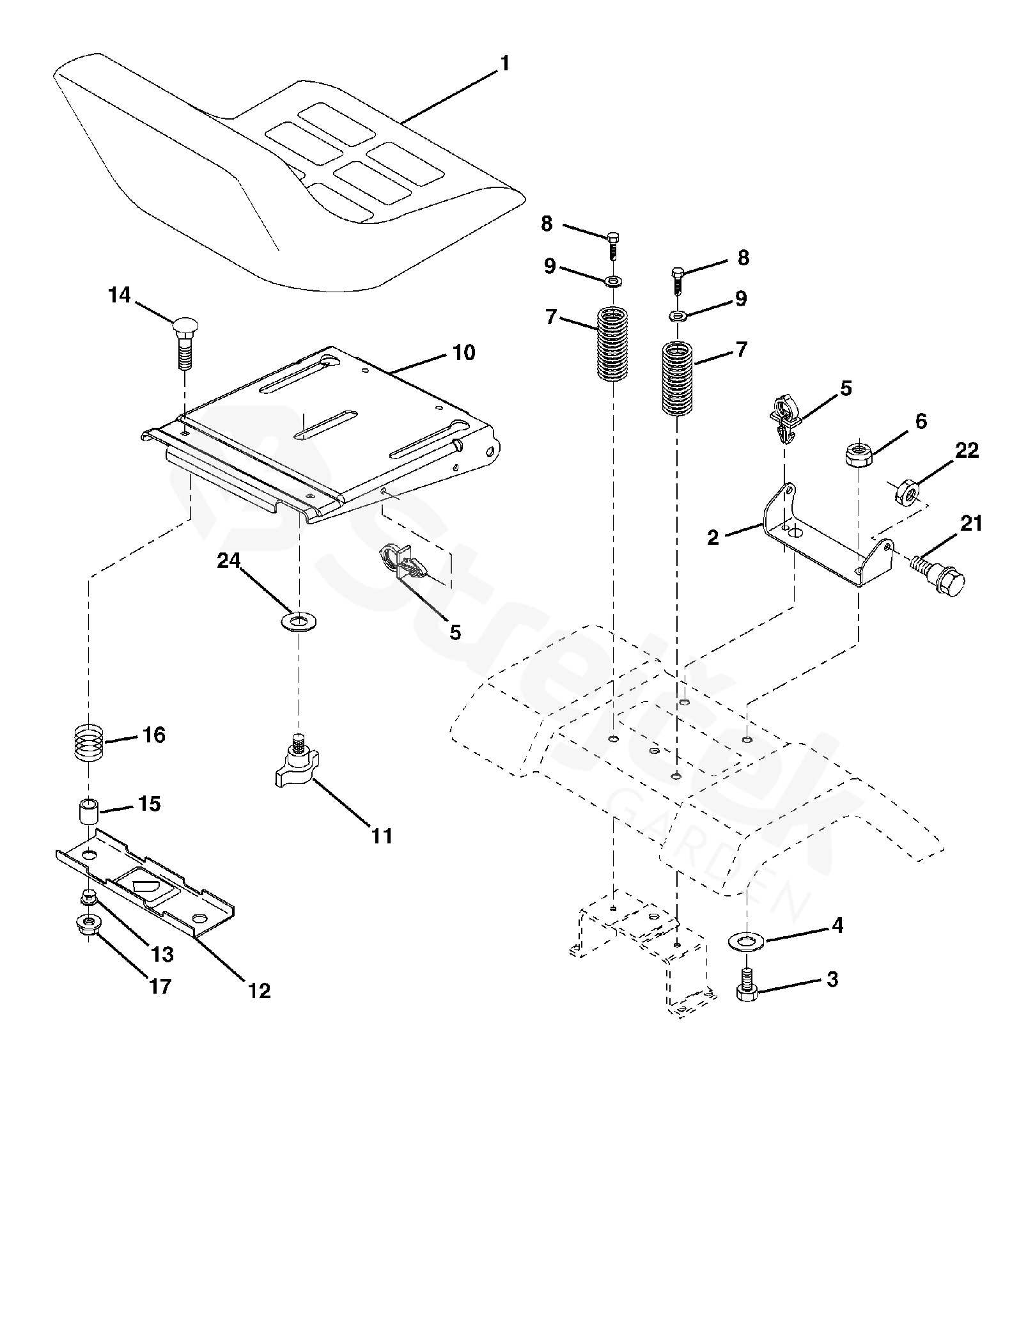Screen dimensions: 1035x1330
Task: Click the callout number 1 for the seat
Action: [x=505, y=64]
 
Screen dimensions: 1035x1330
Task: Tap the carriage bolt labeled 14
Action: [x=184, y=343]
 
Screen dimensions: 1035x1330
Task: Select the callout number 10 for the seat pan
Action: [x=464, y=352]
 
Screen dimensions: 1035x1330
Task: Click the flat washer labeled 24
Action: [x=299, y=620]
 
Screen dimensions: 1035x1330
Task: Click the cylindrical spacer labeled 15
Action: [x=88, y=811]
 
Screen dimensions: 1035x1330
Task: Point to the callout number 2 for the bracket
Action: [x=713, y=537]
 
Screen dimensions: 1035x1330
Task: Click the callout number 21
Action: [x=970, y=524]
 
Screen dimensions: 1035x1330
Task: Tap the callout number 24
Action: [x=228, y=561]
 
